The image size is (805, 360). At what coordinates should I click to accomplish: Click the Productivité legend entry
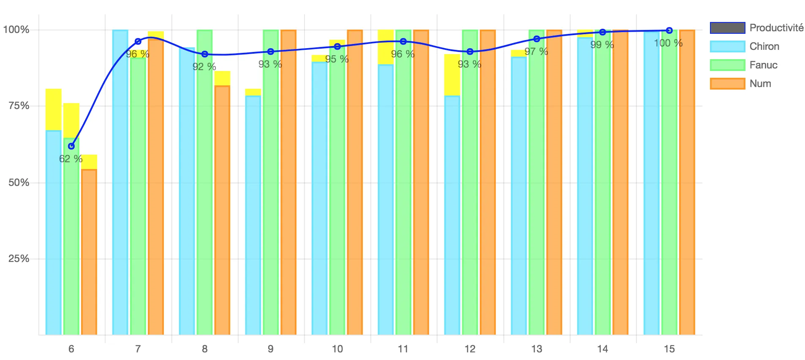pyautogui.click(x=756, y=28)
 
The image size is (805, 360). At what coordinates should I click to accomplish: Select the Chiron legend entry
pyautogui.click(x=745, y=46)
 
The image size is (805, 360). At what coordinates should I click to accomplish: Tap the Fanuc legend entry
pyautogui.click(x=744, y=65)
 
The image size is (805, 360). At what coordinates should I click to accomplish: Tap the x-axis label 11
pyautogui.click(x=403, y=349)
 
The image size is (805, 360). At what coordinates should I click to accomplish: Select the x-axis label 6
pyautogui.click(x=71, y=349)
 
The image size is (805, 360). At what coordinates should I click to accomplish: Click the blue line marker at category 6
pyautogui.click(x=71, y=146)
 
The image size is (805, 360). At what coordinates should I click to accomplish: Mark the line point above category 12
pyautogui.click(x=470, y=52)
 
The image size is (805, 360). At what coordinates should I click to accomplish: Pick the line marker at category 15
pyautogui.click(x=669, y=30)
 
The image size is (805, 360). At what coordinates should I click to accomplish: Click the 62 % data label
pyautogui.click(x=71, y=159)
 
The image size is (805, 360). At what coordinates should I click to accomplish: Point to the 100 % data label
pyautogui.click(x=668, y=43)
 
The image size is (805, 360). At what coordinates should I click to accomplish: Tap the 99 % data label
pyautogui.click(x=602, y=45)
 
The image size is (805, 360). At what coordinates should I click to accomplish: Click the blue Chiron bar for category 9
pyautogui.click(x=253, y=215)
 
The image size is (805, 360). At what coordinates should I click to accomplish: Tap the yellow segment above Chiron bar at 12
pyautogui.click(x=452, y=75)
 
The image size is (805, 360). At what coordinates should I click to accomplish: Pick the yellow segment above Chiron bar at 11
pyautogui.click(x=386, y=47)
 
